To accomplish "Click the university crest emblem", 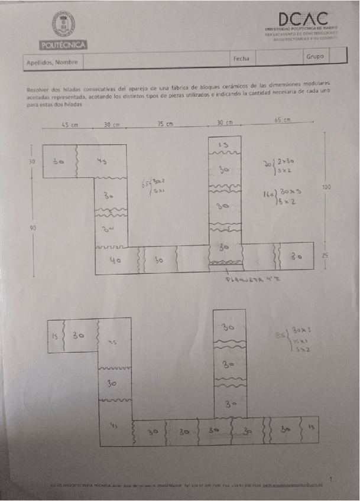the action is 63,24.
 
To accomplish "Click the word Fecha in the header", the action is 241,58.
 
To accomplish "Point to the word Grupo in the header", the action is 314,57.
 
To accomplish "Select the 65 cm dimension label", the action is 283,120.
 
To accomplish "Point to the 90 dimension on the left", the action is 33,226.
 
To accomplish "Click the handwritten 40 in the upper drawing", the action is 116,261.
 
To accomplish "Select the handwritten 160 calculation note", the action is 269,193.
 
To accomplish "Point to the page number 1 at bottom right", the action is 332,478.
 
